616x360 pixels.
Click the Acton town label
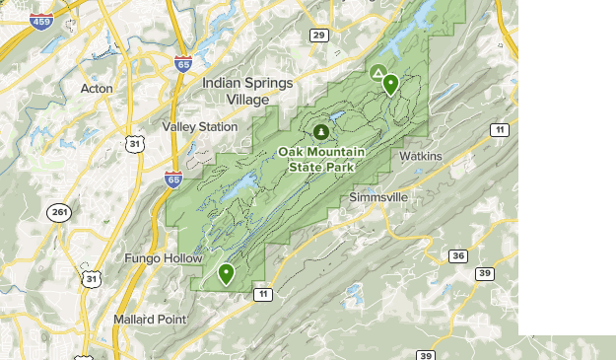tap(97, 89)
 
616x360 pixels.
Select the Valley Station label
tap(200, 126)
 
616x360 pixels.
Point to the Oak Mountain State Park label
tap(321, 159)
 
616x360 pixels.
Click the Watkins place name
tap(421, 156)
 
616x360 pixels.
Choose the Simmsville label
tap(378, 197)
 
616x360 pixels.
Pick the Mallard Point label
tap(149, 319)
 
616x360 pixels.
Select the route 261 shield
tap(58, 212)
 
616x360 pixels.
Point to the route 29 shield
tap(318, 36)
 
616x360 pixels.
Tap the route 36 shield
tap(457, 255)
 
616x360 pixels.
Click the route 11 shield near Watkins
tap(501, 130)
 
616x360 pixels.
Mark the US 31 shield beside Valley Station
tap(135, 144)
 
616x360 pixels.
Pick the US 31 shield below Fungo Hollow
tap(92, 279)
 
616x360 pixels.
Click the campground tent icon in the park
tap(378, 73)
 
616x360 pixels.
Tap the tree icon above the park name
tap(319, 131)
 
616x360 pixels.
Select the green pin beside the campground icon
tap(390, 84)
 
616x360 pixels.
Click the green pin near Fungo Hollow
tap(226, 273)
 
